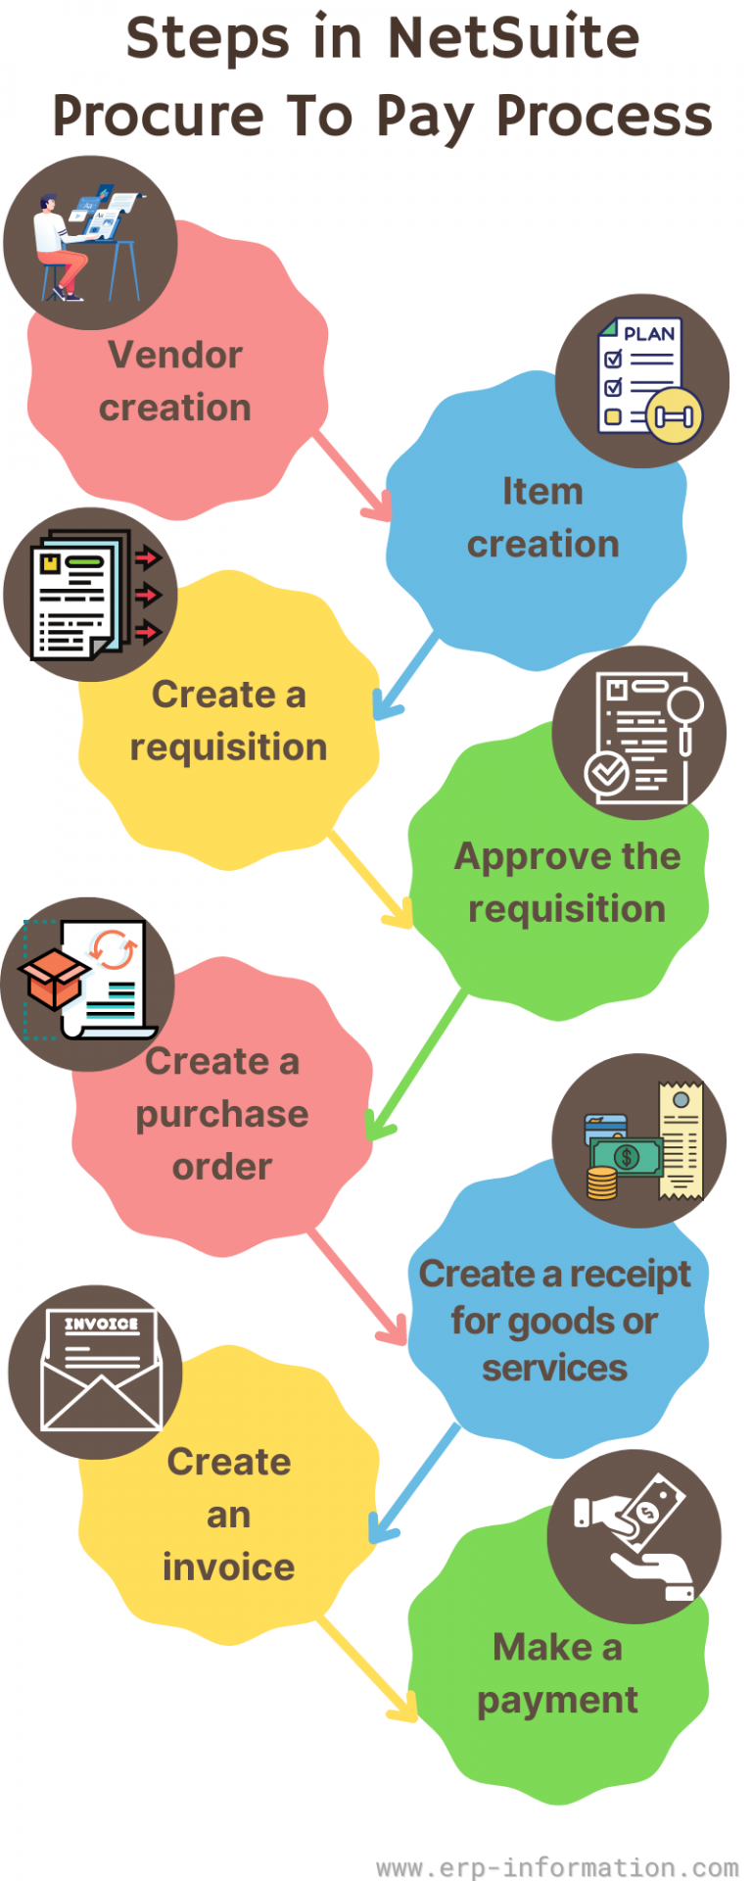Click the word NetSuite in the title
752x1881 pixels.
(x=513, y=39)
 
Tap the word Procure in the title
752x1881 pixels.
(x=158, y=117)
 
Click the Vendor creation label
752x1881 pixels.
(x=175, y=381)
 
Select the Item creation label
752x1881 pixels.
(x=542, y=517)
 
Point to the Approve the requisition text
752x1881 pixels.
(x=567, y=882)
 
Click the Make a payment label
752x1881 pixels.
(x=557, y=1673)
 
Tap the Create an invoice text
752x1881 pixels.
(x=228, y=1514)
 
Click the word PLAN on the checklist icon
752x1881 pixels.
(x=649, y=334)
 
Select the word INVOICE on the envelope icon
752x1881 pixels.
(x=101, y=1324)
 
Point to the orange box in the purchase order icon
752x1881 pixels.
(x=54, y=979)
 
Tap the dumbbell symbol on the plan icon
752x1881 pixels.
(x=674, y=416)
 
